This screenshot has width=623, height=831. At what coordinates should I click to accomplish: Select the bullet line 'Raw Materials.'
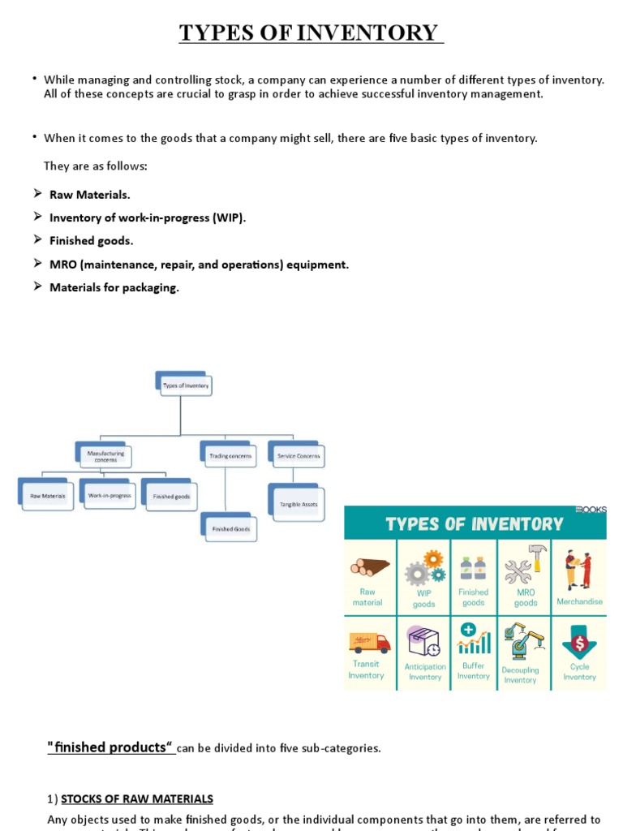[89, 195]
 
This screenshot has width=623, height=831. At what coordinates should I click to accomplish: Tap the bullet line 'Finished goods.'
[91, 241]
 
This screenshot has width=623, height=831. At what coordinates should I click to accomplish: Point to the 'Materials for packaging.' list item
[114, 287]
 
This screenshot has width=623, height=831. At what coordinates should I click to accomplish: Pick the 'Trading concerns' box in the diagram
[230, 456]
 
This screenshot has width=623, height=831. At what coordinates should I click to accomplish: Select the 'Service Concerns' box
[297, 456]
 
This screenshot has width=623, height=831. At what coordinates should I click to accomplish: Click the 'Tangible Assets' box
[298, 504]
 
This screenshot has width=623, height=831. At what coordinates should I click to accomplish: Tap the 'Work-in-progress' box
[109, 495]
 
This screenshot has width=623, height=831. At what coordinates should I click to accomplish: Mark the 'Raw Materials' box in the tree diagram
[47, 496]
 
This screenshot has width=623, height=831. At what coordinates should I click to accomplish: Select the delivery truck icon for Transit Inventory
[369, 642]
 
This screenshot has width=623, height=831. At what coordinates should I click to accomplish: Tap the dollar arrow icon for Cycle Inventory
[580, 641]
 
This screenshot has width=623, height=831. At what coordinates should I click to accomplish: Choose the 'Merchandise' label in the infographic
[579, 602]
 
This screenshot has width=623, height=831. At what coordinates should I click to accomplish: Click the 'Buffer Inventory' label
[474, 671]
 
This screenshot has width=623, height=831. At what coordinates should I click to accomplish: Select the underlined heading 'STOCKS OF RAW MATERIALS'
[137, 799]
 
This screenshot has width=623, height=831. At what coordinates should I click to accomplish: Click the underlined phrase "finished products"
[110, 747]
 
